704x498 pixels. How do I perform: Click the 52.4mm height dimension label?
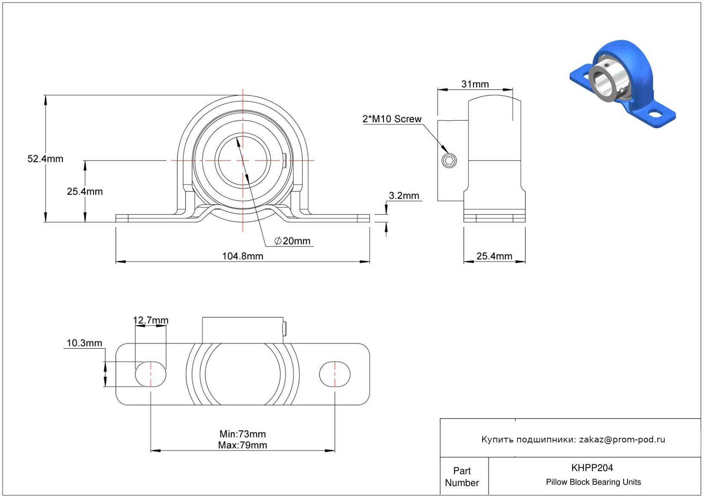coord(45,159)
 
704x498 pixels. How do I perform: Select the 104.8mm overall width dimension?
coord(242,256)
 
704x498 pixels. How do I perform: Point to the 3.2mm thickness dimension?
coord(404,196)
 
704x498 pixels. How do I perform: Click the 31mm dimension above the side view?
coord(475,84)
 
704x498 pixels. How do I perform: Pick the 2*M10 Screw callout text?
coord(392,119)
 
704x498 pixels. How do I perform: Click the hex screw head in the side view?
coord(449,161)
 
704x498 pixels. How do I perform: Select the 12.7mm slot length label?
coord(150,320)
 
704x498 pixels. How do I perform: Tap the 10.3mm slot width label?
coord(84,343)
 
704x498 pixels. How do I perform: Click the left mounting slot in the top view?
coord(150,374)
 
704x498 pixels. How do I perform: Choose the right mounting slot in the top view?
coord(335,374)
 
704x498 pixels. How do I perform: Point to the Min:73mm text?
coord(242,434)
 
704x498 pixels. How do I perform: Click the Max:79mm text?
coord(242,445)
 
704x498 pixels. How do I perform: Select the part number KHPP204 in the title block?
coord(592,468)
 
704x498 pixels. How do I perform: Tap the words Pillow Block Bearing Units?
coord(593,482)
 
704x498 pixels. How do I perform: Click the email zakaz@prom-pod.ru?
coord(622,439)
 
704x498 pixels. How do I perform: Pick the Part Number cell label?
coord(462,477)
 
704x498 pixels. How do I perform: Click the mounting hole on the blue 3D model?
coord(654,114)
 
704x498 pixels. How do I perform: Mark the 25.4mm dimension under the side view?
coord(494,256)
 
